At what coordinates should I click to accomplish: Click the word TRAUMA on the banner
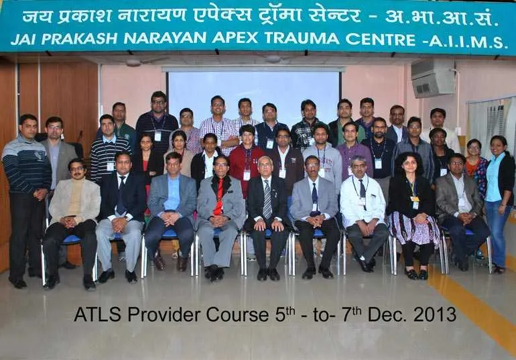(302, 38)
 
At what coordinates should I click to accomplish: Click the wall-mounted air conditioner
(432, 78)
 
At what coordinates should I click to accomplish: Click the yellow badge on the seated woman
(414, 198)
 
